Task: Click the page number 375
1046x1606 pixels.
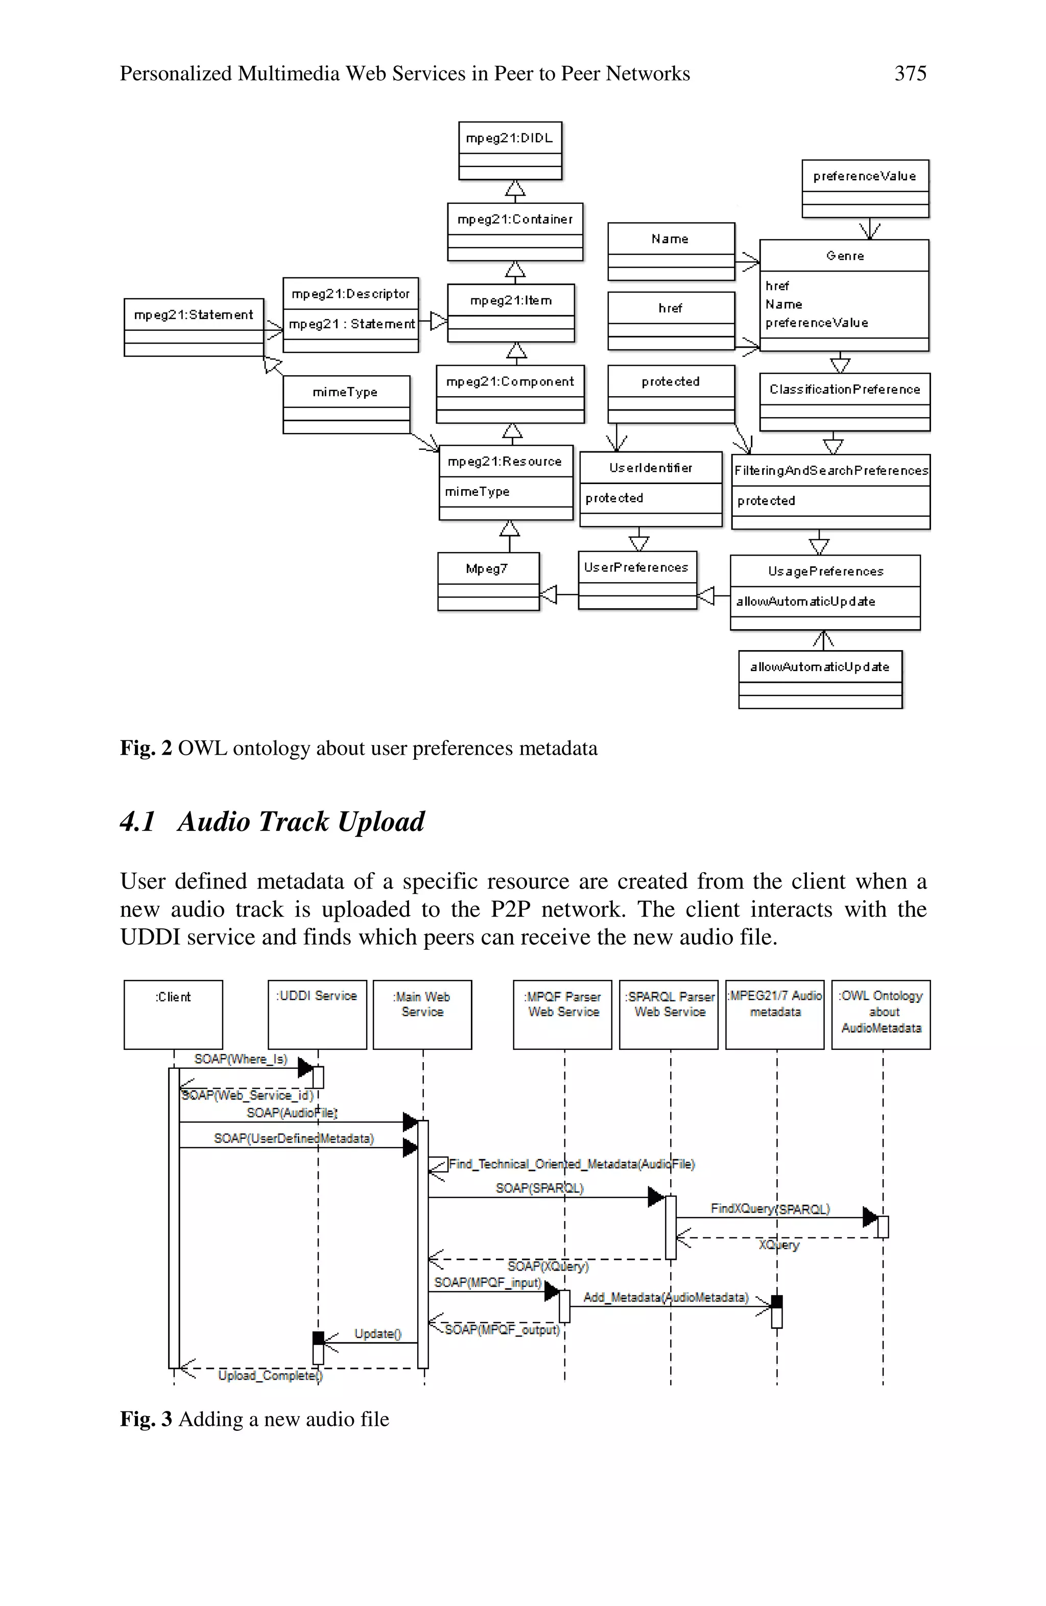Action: (x=910, y=73)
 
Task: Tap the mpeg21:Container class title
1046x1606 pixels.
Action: (x=515, y=219)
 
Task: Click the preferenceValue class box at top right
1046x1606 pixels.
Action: (x=865, y=188)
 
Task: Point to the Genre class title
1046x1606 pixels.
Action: (x=844, y=256)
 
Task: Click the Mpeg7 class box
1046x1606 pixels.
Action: (x=488, y=581)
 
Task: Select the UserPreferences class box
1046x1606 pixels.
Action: (x=636, y=580)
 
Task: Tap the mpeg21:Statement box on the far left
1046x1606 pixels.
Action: (x=194, y=327)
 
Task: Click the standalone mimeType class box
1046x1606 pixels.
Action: (x=346, y=404)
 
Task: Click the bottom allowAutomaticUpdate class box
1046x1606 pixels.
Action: (x=819, y=679)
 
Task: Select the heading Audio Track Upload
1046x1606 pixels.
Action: (x=300, y=821)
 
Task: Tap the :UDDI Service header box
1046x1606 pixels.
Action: (x=317, y=1014)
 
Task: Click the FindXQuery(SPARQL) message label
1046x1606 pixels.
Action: (x=769, y=1209)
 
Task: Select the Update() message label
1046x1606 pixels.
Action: (x=377, y=1333)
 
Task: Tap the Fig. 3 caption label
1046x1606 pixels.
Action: (x=146, y=1419)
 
